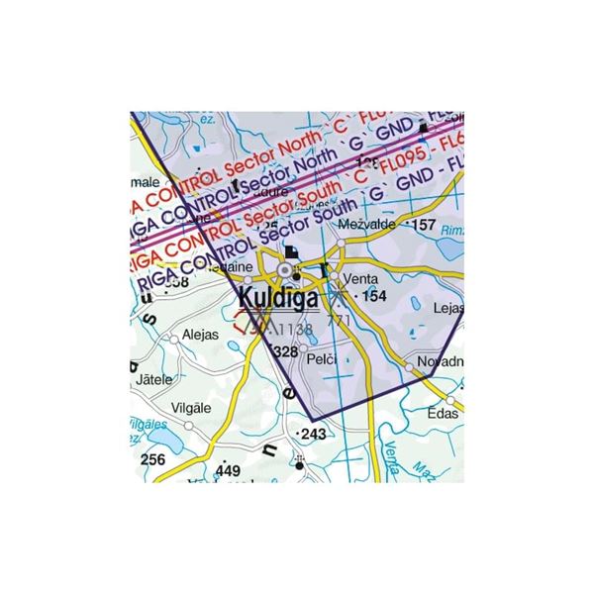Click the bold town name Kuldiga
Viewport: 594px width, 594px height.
click(x=278, y=297)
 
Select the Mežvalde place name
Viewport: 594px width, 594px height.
click(x=366, y=226)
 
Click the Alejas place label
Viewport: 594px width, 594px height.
click(x=201, y=335)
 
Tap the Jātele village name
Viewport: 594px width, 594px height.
click(x=157, y=378)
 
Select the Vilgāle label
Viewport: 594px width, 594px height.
click(x=190, y=407)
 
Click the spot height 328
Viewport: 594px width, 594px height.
click(x=285, y=351)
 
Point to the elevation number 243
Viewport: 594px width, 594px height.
click(x=313, y=435)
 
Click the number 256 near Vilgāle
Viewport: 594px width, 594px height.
click(x=152, y=459)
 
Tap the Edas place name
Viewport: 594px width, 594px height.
click(x=443, y=413)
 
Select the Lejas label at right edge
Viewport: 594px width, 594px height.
click(x=448, y=308)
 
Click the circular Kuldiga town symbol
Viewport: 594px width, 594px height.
click(x=287, y=268)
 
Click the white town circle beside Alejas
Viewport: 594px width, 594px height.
click(x=174, y=339)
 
